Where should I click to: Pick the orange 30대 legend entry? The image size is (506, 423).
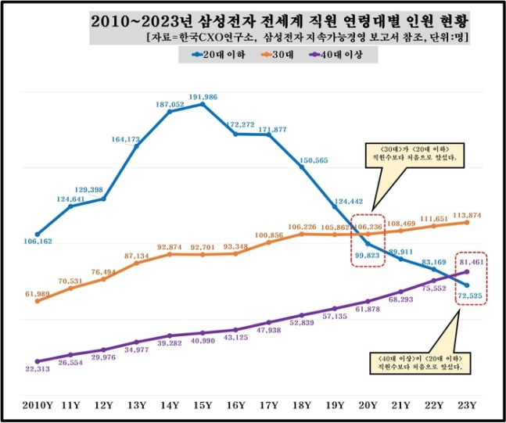pyautogui.click(x=281, y=54)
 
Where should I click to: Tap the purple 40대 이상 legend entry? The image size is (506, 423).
pyautogui.click(x=343, y=54)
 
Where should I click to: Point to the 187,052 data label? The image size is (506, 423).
pyautogui.click(x=170, y=104)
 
